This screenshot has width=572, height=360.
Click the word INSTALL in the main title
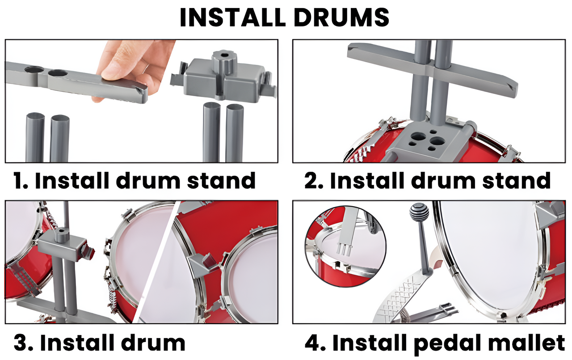232,17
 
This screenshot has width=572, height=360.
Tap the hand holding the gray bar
134,63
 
